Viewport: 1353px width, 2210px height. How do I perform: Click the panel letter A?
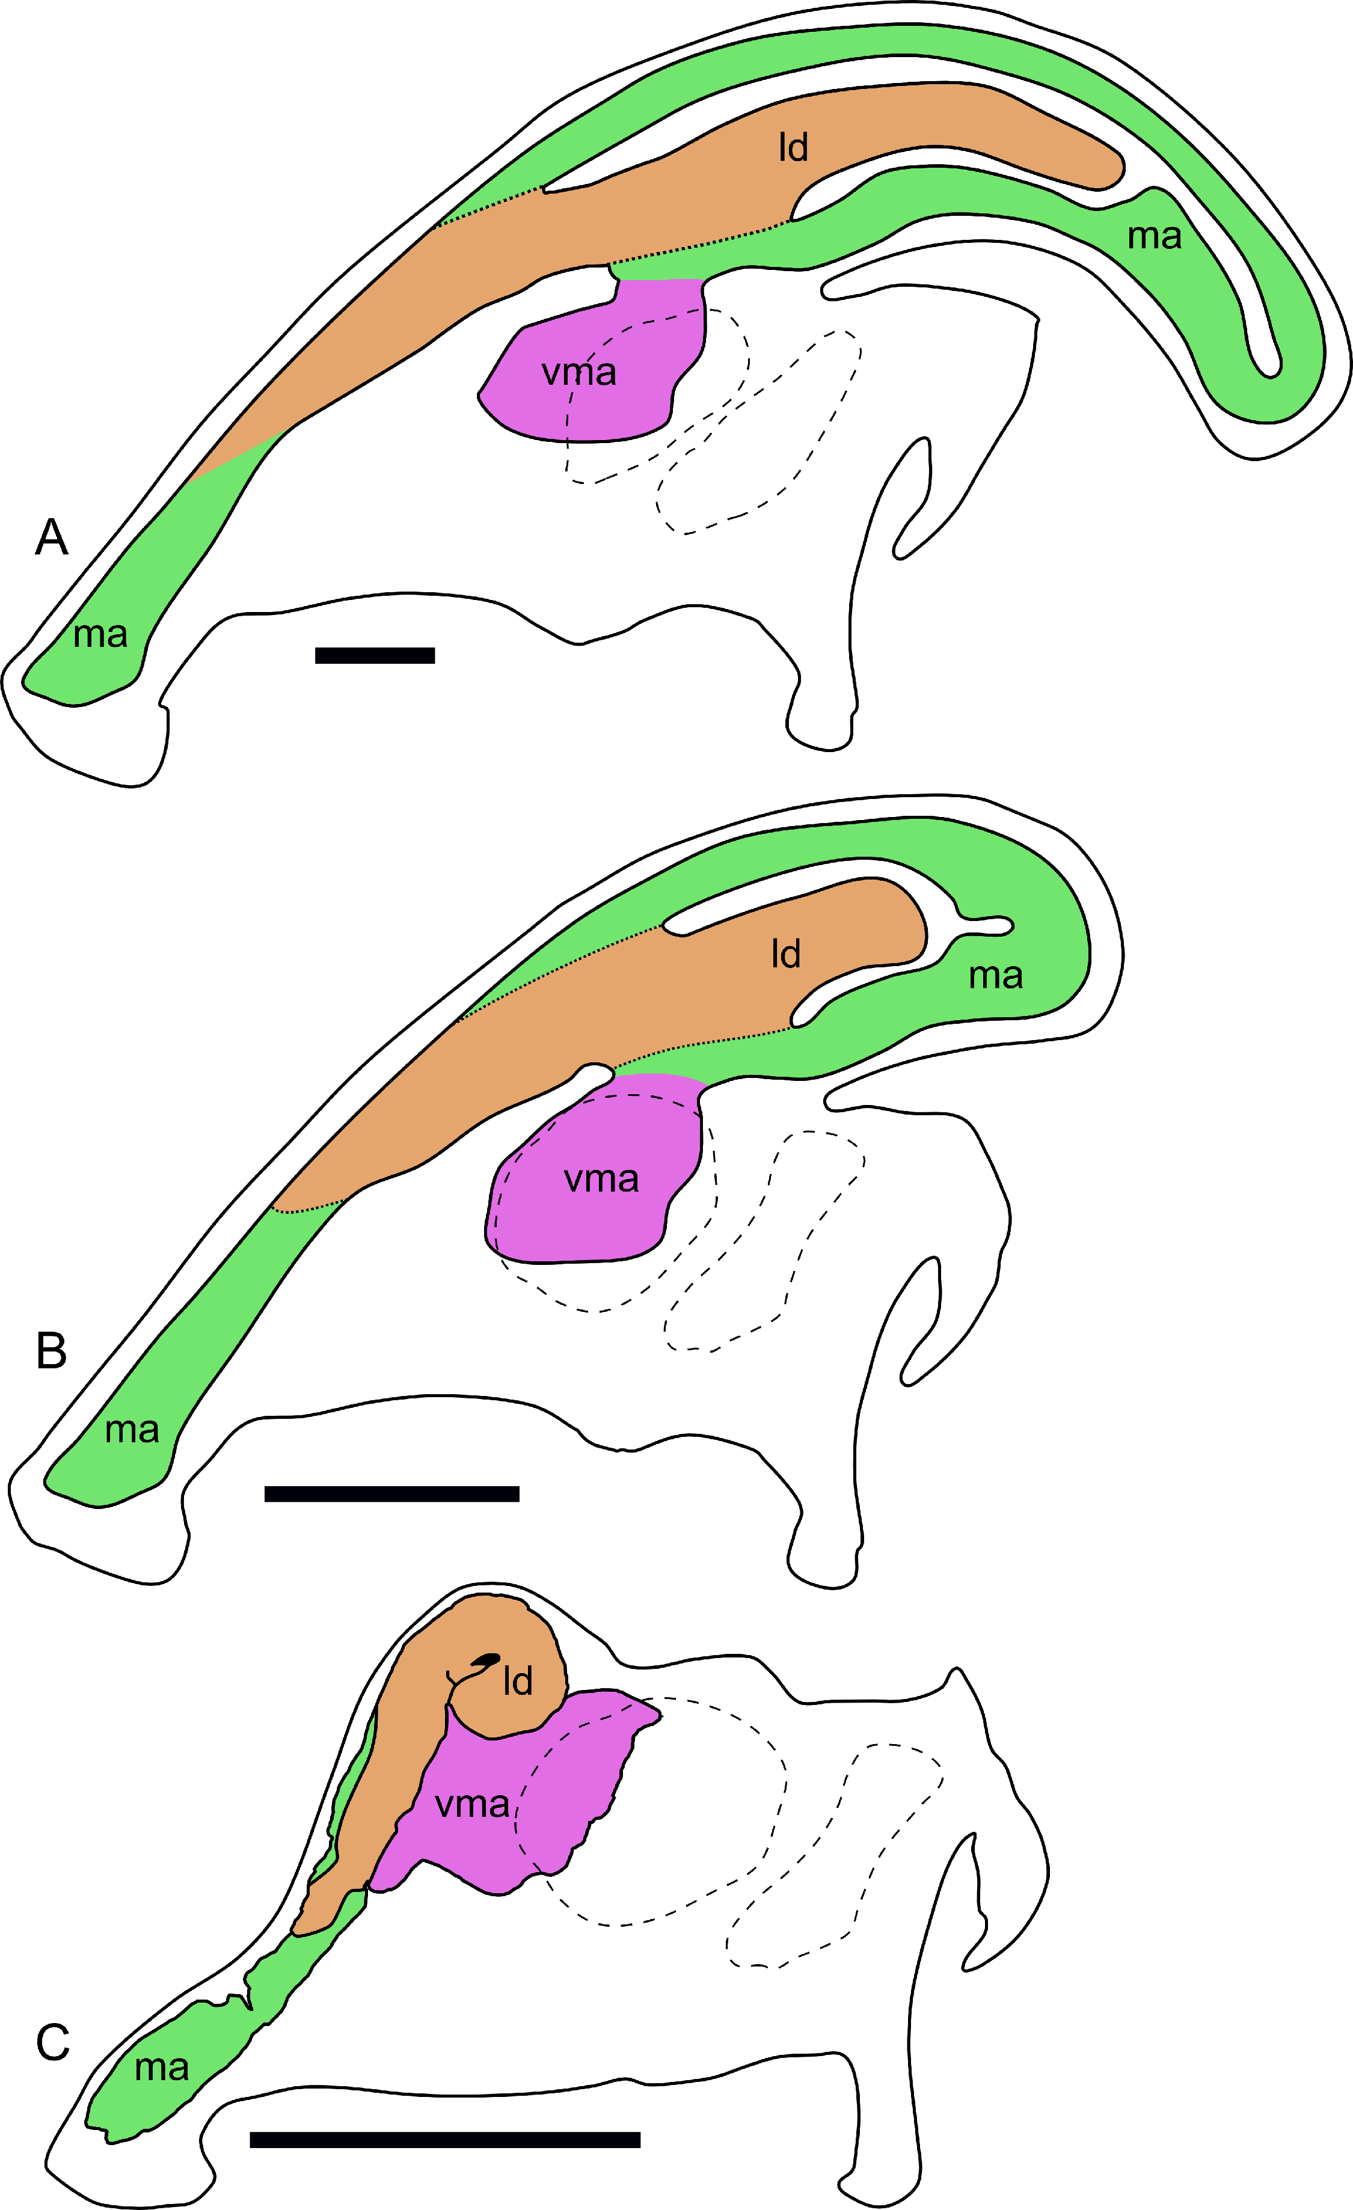pyautogui.click(x=51, y=537)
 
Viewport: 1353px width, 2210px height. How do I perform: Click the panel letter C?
pyautogui.click(x=52, y=2043)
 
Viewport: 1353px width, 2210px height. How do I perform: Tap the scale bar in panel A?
pyautogui.click(x=375, y=656)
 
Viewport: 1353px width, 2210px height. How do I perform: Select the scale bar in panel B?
pyautogui.click(x=392, y=1493)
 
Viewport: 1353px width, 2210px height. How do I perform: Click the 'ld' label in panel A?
pyautogui.click(x=793, y=147)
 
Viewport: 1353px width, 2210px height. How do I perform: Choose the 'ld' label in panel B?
pyautogui.click(x=786, y=954)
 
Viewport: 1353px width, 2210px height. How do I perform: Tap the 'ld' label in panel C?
pyautogui.click(x=518, y=1681)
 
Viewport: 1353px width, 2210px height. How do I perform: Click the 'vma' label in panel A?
pyautogui.click(x=578, y=372)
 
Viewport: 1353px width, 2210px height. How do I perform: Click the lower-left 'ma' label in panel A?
pyautogui.click(x=100, y=635)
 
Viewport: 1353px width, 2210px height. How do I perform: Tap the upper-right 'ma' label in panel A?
pyautogui.click(x=1155, y=237)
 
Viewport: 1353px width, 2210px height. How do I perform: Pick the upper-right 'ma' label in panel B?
pyautogui.click(x=996, y=976)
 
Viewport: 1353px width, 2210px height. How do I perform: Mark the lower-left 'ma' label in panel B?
pyautogui.click(x=132, y=1430)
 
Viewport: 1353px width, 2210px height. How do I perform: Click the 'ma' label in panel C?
pyautogui.click(x=162, y=2068)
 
